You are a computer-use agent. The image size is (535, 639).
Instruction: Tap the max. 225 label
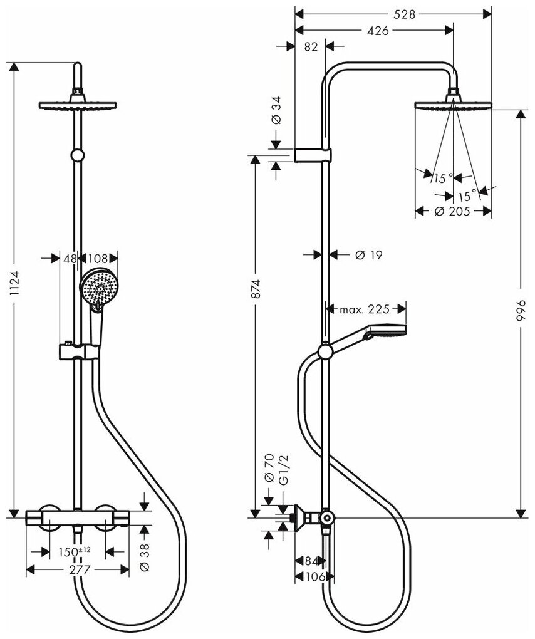365,309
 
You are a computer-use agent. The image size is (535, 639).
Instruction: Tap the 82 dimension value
310,47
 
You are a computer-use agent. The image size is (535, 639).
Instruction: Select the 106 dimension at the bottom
317,578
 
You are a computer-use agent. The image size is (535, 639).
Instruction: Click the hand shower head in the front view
98,287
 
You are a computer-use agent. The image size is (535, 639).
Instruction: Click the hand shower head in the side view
388,331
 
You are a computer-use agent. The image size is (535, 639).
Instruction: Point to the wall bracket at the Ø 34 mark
313,155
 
